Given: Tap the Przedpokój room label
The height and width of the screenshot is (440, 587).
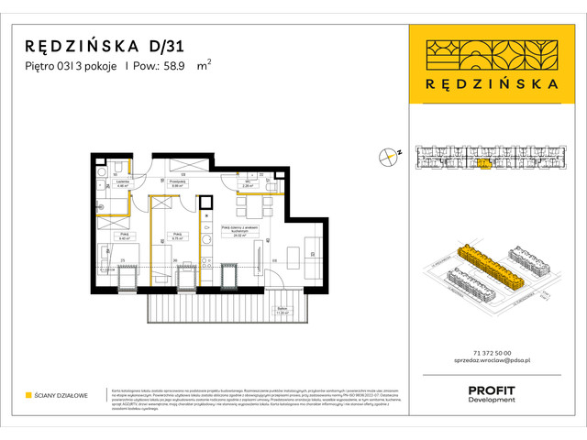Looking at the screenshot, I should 181,182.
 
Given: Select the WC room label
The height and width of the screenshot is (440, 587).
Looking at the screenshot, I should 248,182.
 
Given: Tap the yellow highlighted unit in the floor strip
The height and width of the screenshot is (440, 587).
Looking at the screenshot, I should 483,162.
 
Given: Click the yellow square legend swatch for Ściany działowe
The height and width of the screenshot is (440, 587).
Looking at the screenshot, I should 28,395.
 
